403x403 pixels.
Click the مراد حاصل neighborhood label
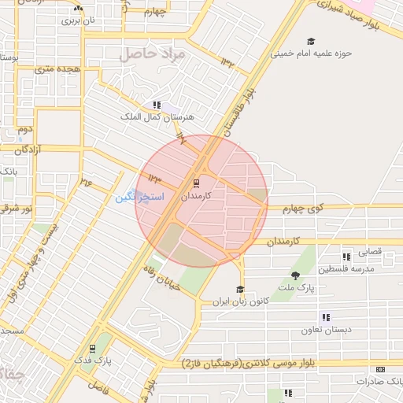pyautogui.click(x=151, y=54)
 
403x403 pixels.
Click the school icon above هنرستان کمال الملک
pyautogui.click(x=157, y=105)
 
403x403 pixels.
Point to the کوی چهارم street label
pyautogui.click(x=304, y=209)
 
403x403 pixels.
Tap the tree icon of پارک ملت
pyautogui.click(x=296, y=275)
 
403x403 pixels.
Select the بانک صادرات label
pyautogui.click(x=379, y=381)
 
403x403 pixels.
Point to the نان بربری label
pyautogui.click(x=78, y=20)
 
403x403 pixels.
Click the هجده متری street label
pyautogui.click(x=52, y=68)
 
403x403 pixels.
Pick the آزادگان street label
pyautogui.click(x=43, y=149)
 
